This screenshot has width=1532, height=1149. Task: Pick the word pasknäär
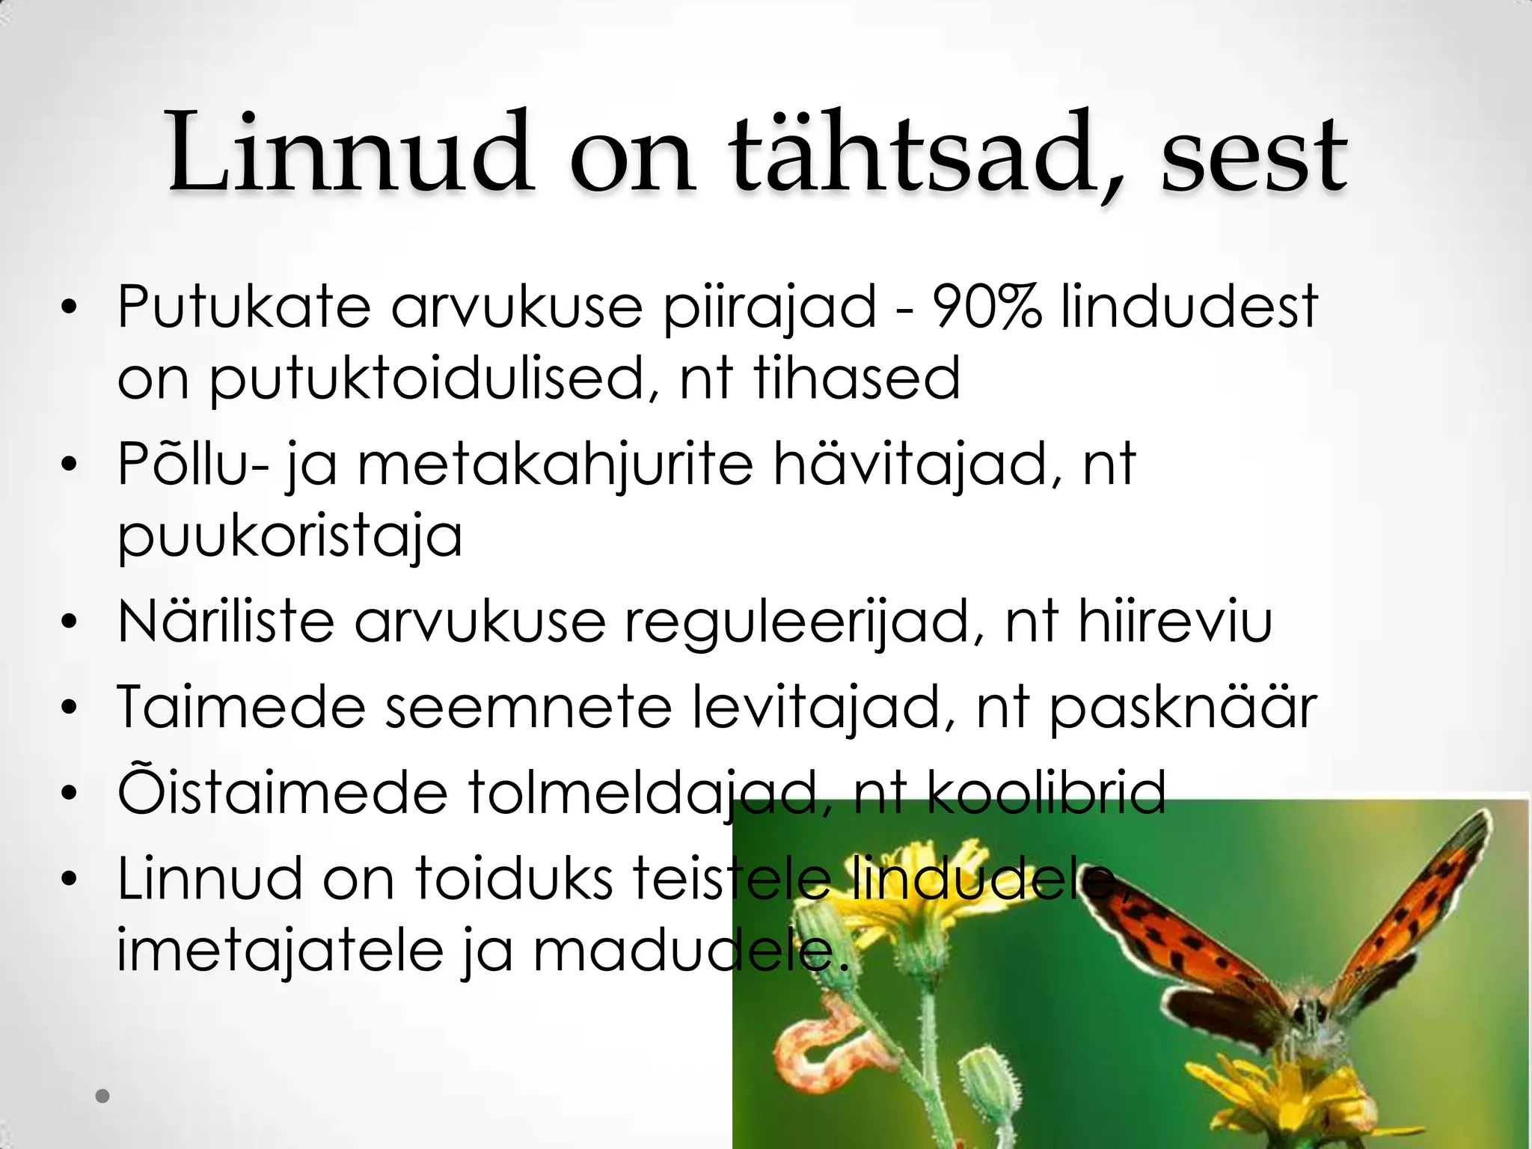1183,706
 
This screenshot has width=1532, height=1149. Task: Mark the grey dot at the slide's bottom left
103,1096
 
